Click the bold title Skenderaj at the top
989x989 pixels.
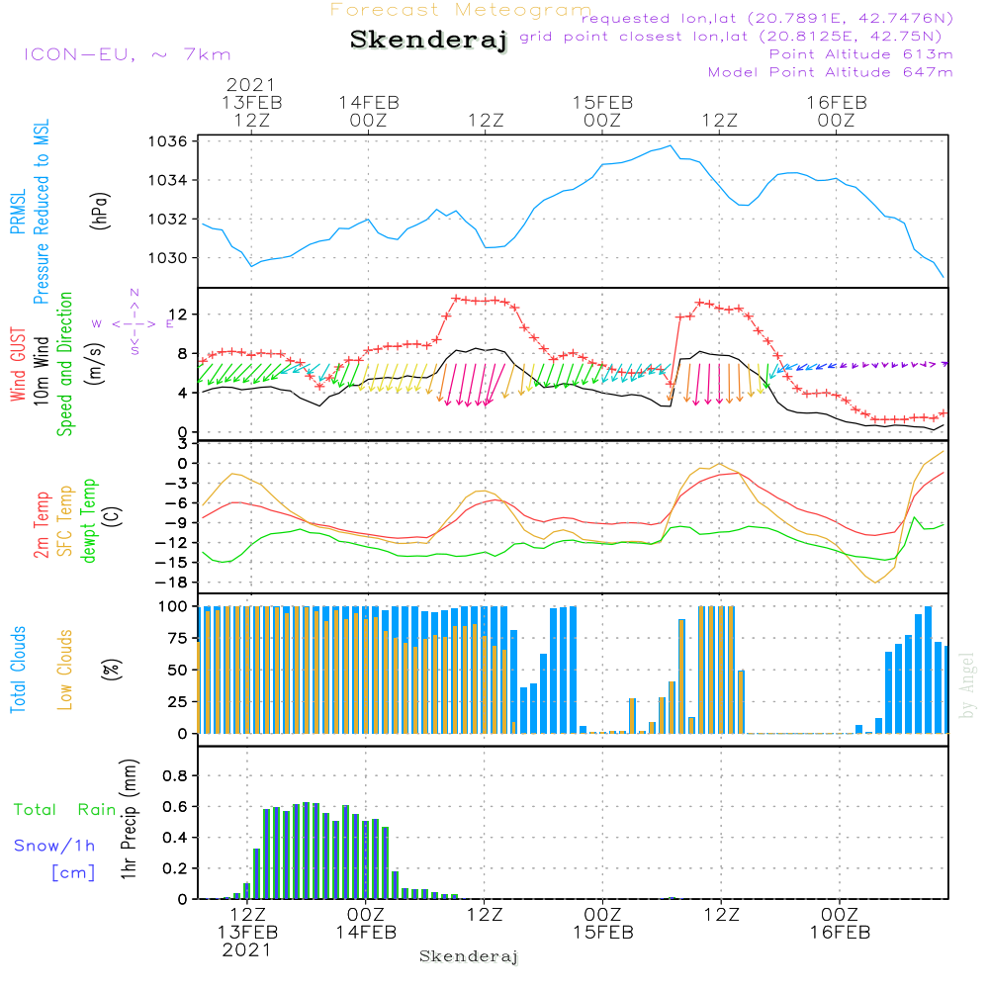[428, 41]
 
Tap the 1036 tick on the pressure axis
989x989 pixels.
[170, 141]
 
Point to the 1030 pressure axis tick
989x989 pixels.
[170, 258]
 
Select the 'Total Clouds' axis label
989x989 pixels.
[19, 670]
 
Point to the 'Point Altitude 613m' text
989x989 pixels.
[860, 54]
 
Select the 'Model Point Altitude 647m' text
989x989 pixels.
[831, 72]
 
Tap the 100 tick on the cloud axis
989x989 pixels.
[174, 606]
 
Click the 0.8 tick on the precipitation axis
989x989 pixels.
[174, 776]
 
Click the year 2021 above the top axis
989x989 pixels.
[251, 85]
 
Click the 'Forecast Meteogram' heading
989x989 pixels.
[461, 11]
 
